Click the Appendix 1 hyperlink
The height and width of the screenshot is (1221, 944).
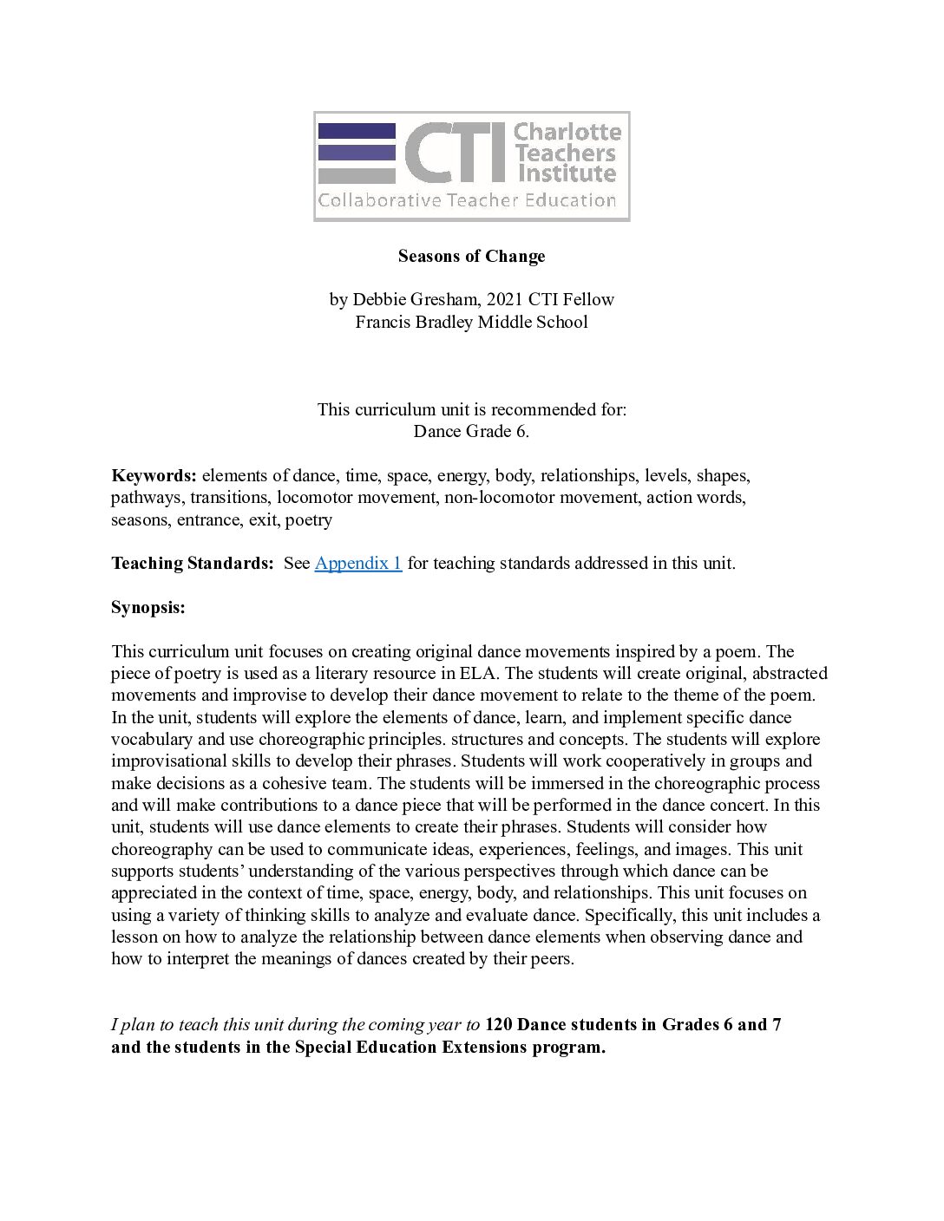(357, 563)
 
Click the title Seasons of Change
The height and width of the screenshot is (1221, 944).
(471, 256)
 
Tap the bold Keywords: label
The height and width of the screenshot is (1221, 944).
(154, 475)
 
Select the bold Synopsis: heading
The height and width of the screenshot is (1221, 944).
(147, 607)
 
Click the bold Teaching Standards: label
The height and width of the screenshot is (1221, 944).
(192, 563)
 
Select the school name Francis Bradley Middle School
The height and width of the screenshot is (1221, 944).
(471, 322)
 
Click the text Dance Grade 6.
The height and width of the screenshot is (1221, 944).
(471, 431)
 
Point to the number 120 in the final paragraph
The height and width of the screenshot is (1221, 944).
(498, 1024)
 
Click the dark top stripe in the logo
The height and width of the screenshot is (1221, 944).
(357, 131)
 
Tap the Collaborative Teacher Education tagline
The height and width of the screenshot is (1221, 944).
(467, 200)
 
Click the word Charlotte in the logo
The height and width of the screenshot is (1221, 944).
(567, 133)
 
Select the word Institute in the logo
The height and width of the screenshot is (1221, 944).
(567, 173)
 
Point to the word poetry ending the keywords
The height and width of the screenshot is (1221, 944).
(309, 519)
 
